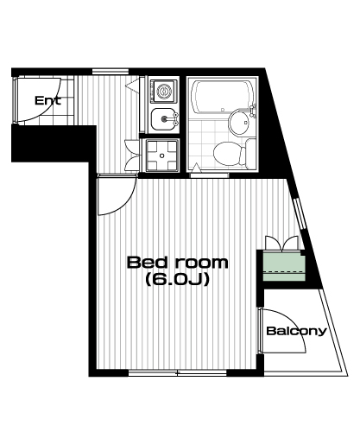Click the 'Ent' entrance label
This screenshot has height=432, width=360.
[x=47, y=100]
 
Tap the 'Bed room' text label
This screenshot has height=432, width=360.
[x=178, y=263]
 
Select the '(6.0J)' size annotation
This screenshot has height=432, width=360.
[x=177, y=279]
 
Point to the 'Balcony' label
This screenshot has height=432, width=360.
[x=297, y=331]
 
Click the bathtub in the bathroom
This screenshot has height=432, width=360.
[x=222, y=96]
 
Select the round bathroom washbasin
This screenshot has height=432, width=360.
[x=238, y=122]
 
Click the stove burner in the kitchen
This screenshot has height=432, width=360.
[x=164, y=91]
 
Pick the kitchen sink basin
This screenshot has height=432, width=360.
[x=162, y=118]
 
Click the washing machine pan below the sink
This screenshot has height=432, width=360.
[x=161, y=156]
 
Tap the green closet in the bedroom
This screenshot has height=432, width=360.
[x=284, y=266]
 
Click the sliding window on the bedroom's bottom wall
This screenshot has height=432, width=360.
[x=178, y=373]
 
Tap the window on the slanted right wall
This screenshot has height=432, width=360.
[x=300, y=213]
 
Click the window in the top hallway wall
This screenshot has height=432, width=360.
[x=111, y=71]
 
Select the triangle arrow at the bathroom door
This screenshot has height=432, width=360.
[x=196, y=168]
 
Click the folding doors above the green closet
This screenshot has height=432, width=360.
[x=281, y=244]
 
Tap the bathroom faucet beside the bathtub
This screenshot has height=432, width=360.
[x=253, y=111]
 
